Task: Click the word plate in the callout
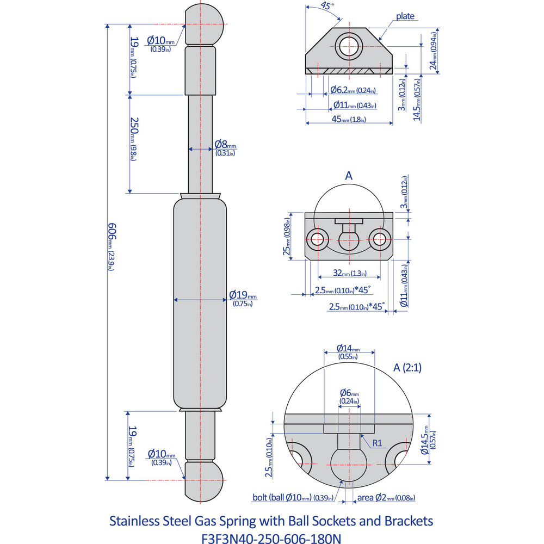tap(405, 16)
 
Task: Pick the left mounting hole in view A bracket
tap(316, 238)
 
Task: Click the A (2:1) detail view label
tap(407, 367)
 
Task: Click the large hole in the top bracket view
tap(348, 46)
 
